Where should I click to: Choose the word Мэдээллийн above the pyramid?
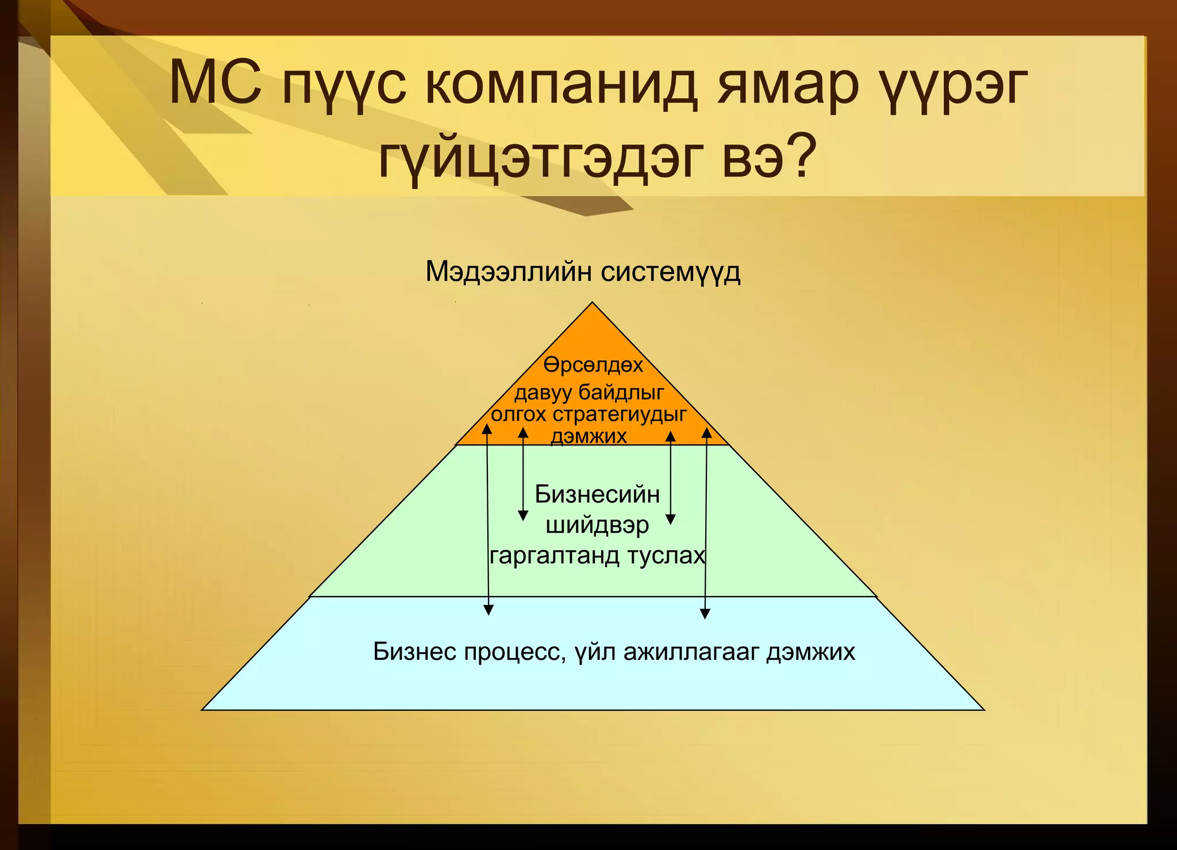(x=508, y=271)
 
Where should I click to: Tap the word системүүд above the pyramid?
(x=671, y=271)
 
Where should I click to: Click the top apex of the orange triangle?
(x=593, y=303)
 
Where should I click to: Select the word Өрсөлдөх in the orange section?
(x=593, y=365)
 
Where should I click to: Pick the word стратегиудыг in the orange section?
(x=620, y=414)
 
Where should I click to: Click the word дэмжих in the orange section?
(x=589, y=436)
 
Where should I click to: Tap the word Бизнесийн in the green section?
(x=597, y=494)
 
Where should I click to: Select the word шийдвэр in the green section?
(x=597, y=525)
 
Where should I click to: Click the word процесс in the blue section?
(x=510, y=652)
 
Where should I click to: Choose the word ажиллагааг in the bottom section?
(x=691, y=652)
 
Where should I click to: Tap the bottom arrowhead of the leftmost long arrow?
(x=488, y=611)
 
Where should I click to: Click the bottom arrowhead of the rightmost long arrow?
(x=705, y=614)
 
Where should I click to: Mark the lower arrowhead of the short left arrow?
(x=523, y=516)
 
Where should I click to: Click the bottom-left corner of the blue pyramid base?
(x=203, y=710)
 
